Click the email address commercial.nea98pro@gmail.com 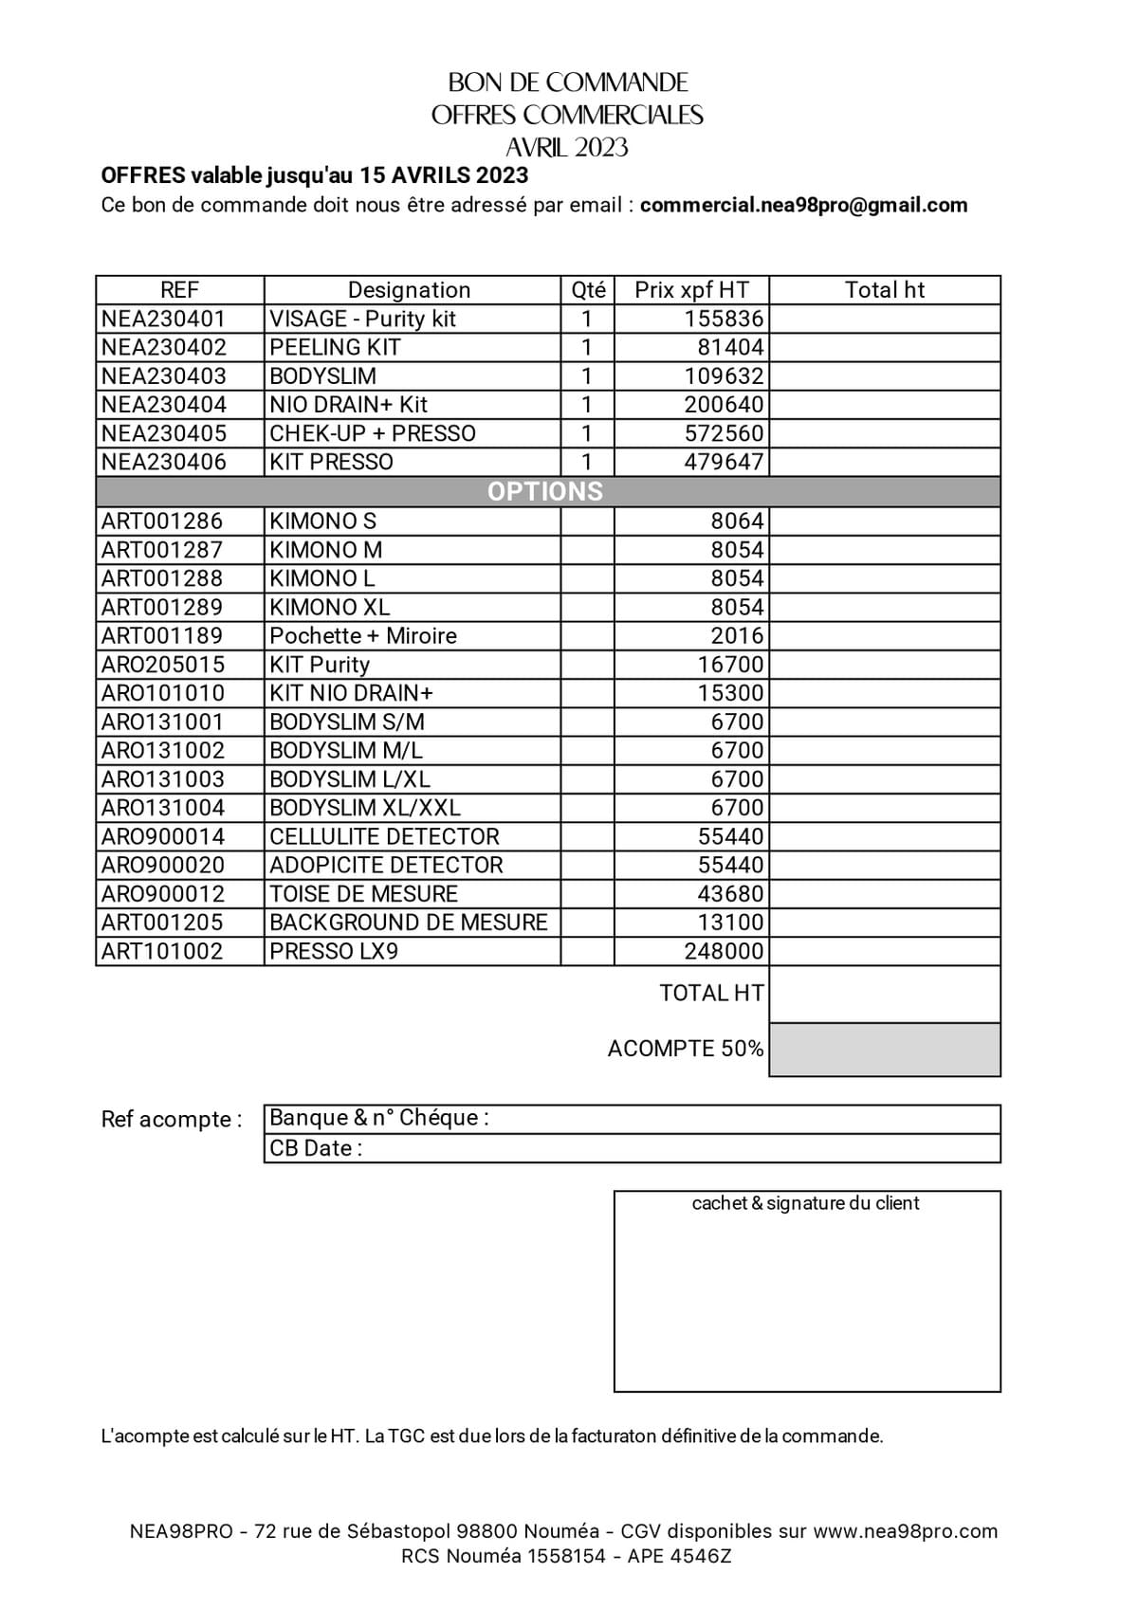pos(803,205)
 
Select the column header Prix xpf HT pos(691,290)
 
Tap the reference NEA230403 pos(164,376)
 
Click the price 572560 pos(724,433)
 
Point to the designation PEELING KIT pos(335,347)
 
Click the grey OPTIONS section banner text pos(545,491)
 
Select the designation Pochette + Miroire pos(363,635)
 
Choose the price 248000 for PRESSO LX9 pos(724,951)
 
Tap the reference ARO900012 pos(163,894)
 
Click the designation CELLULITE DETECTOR pos(384,836)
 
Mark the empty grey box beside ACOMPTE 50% pos(884,1049)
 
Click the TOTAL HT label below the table pos(711,993)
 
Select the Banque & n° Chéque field pos(379,1118)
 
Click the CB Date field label pos(316,1148)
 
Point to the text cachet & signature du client pos(805,1203)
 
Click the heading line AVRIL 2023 pos(567,148)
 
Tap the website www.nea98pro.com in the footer pos(905,1531)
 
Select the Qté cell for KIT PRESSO pos(587,462)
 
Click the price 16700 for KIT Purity pos(730,665)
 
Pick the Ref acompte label pos(172,1120)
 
